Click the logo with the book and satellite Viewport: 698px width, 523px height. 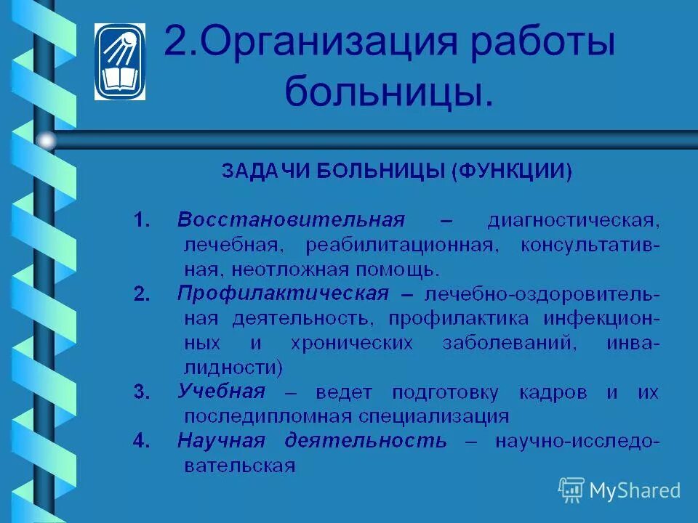pos(120,61)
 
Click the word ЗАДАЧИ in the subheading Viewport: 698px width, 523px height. pos(265,171)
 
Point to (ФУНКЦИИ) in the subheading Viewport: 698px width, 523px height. pos(512,171)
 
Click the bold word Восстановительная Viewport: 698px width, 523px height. pos(291,220)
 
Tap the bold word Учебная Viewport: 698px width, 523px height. pos(222,392)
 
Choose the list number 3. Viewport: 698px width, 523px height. pos(141,393)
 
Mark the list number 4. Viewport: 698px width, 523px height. pos(141,441)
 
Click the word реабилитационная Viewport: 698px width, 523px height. pos(403,245)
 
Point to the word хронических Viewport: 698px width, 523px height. pos(345,343)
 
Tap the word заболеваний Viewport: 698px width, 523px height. pos(509,343)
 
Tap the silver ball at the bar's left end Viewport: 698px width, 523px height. pos(47,140)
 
